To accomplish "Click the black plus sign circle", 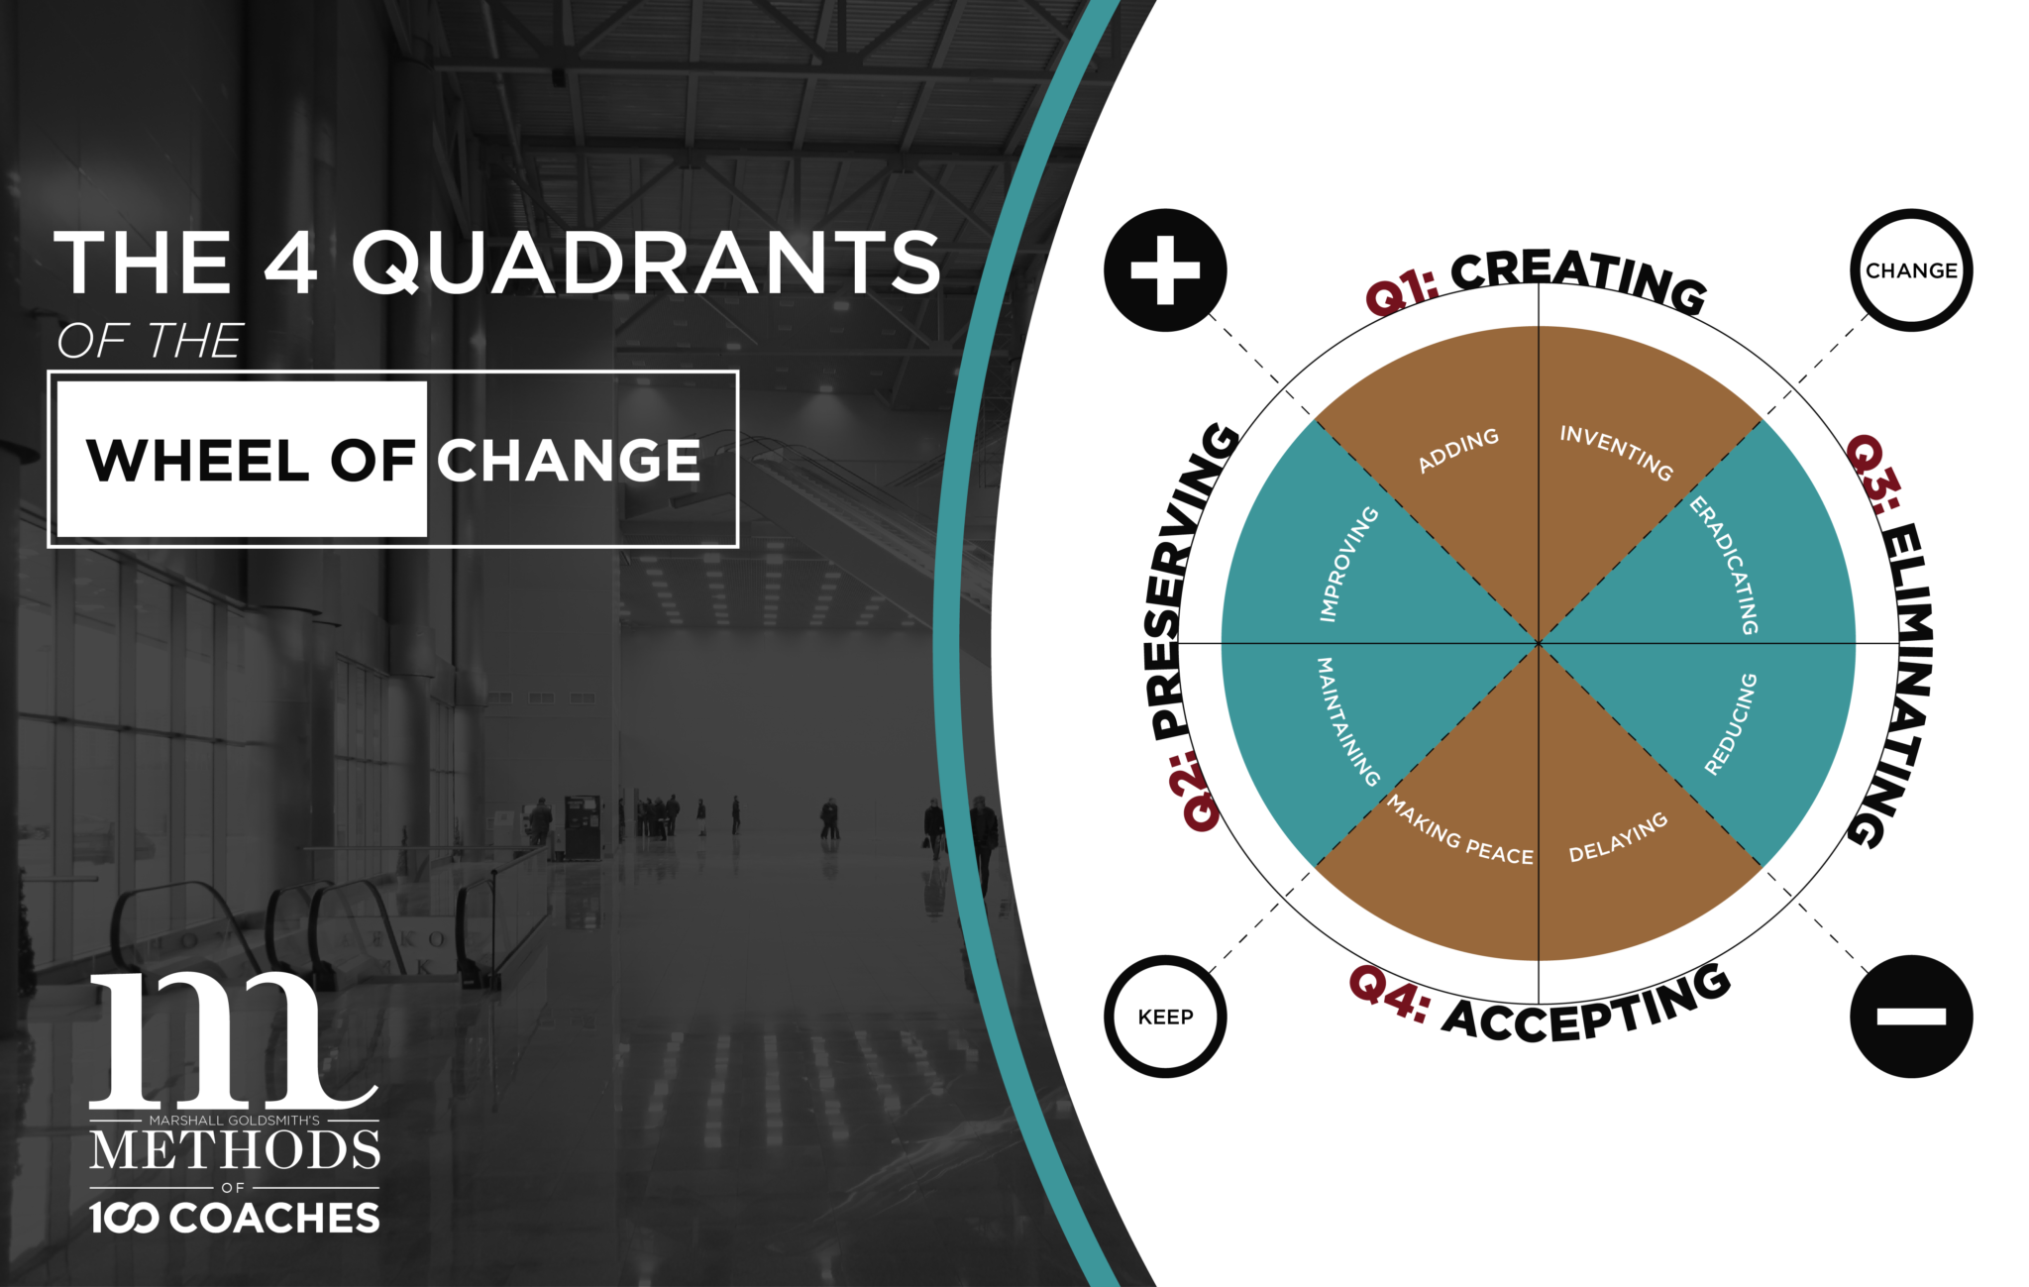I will [x=1165, y=270].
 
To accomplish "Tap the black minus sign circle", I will [x=1911, y=1017].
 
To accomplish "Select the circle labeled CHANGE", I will [x=1911, y=270].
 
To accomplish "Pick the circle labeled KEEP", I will [x=1165, y=1017].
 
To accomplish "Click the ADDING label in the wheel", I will [x=1458, y=451].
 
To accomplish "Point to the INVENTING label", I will [x=1617, y=452].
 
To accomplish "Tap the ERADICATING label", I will [x=1725, y=566].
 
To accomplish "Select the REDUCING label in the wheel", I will [x=1731, y=724].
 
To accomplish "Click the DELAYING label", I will [x=1618, y=838].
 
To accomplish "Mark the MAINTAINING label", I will [x=1346, y=721].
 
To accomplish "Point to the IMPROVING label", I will [x=1348, y=564].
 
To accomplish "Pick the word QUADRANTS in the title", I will [x=646, y=263].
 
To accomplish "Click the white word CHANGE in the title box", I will [x=569, y=461].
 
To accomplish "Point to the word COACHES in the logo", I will [x=274, y=1218].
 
